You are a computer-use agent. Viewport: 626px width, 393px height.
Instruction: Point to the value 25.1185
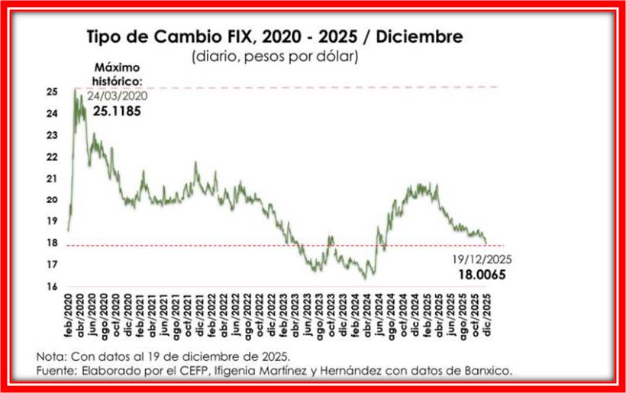[116, 111]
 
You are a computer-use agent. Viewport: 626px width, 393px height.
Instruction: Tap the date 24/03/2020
[116, 97]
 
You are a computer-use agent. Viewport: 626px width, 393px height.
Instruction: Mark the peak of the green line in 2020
[75, 89]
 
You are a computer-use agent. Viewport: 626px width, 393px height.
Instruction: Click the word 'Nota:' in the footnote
[53, 356]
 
